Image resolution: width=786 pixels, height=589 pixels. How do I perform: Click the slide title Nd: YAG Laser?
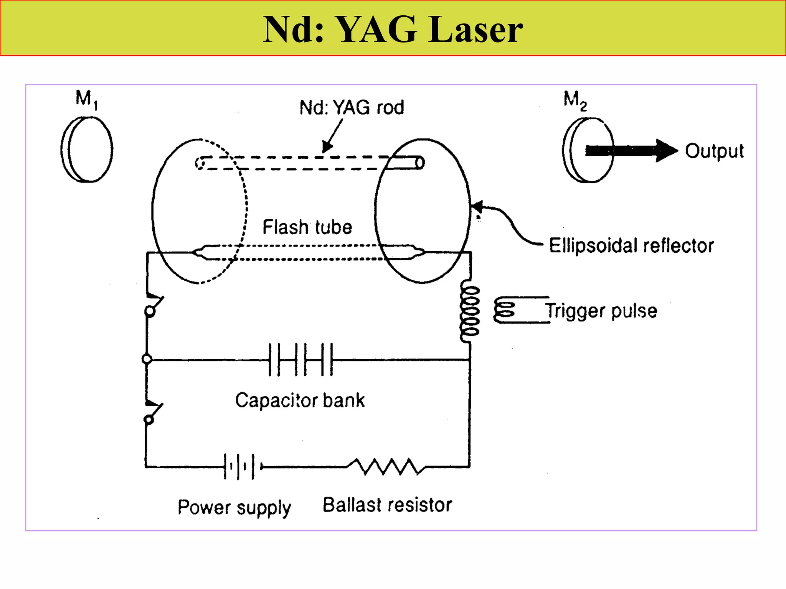pyautogui.click(x=392, y=30)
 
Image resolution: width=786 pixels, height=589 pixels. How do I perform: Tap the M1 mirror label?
pyautogui.click(x=86, y=99)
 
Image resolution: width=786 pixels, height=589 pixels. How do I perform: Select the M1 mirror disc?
pyautogui.click(x=87, y=149)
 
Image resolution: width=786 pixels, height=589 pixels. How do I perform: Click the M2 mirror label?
pyautogui.click(x=575, y=100)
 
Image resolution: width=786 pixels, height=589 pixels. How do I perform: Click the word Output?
pyautogui.click(x=714, y=151)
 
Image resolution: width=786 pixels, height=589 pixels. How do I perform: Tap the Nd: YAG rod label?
pyautogui.click(x=351, y=107)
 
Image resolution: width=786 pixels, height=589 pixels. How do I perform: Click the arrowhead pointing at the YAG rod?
pyautogui.click(x=327, y=147)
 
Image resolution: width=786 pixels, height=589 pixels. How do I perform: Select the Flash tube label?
pyautogui.click(x=307, y=227)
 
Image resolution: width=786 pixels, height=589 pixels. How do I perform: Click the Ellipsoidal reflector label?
pyautogui.click(x=631, y=245)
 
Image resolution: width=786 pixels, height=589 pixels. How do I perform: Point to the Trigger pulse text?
pyautogui.click(x=601, y=311)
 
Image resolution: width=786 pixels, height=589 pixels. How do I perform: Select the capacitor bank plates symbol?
pyautogui.click(x=301, y=360)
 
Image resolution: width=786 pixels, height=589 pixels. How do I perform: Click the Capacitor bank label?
pyautogui.click(x=300, y=400)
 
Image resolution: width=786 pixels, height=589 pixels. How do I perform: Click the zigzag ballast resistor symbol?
pyautogui.click(x=386, y=467)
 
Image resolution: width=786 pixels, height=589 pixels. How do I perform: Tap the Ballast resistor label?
pyautogui.click(x=387, y=505)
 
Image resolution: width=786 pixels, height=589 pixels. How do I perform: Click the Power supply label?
pyautogui.click(x=234, y=508)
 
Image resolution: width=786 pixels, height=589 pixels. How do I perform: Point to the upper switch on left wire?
pyautogui.click(x=153, y=305)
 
